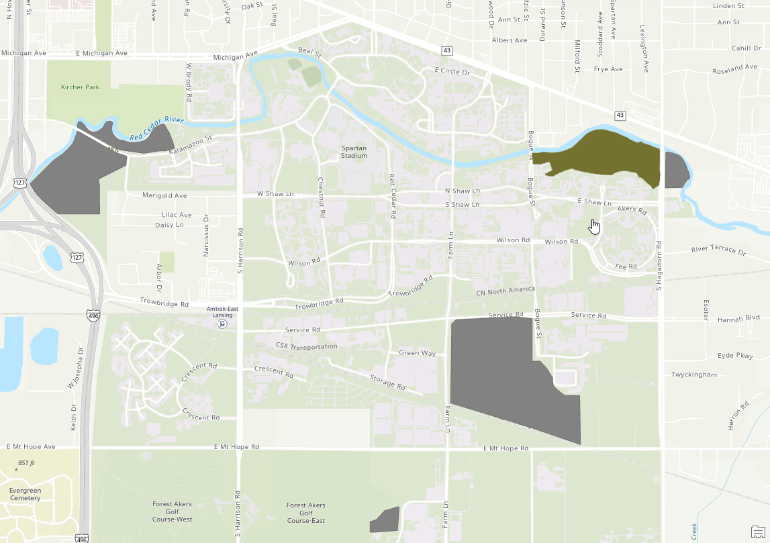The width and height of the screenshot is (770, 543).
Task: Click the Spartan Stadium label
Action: click(x=354, y=152)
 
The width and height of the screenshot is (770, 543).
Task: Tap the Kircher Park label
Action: click(x=80, y=87)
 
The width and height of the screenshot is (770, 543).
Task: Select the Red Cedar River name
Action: click(x=156, y=128)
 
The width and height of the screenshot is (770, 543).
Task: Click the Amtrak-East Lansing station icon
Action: click(x=222, y=324)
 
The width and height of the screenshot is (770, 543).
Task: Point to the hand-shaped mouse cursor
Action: click(x=594, y=227)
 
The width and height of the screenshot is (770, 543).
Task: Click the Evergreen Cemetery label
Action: click(x=25, y=494)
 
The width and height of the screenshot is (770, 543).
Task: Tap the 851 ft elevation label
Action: click(x=26, y=463)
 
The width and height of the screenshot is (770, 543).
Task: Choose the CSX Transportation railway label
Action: click(x=306, y=346)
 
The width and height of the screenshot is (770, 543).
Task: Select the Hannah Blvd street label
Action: click(x=738, y=320)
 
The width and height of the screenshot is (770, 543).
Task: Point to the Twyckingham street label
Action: click(x=694, y=375)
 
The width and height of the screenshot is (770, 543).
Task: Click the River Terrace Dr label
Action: click(x=718, y=251)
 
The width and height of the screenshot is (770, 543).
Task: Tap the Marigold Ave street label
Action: click(x=164, y=195)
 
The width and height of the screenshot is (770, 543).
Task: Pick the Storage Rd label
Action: click(x=387, y=383)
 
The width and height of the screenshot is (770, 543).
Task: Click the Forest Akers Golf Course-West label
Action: click(x=173, y=512)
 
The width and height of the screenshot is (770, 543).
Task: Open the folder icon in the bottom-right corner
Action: click(x=758, y=532)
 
